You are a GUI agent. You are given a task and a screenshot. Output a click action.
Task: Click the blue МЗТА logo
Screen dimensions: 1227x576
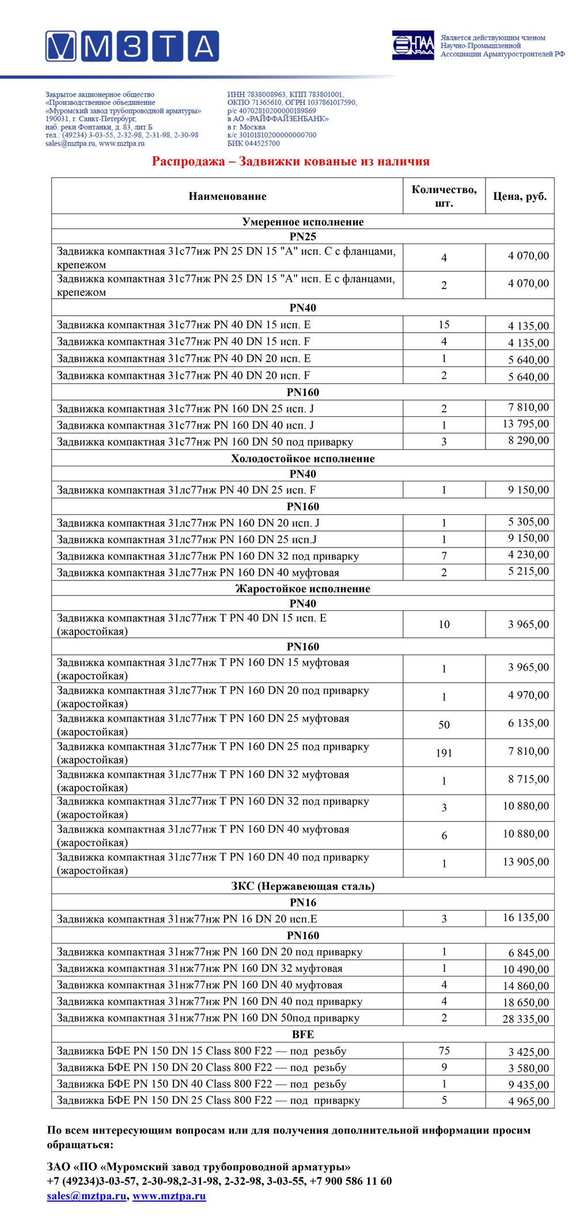tap(132, 47)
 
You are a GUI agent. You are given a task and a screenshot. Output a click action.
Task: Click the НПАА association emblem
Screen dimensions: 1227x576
tap(413, 45)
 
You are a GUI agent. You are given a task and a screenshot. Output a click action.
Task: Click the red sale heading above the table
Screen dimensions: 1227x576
tap(290, 161)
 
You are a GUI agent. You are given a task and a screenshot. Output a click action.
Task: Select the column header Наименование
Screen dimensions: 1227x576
tap(228, 196)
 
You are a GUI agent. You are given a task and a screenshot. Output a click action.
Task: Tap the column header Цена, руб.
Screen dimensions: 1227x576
tap(520, 196)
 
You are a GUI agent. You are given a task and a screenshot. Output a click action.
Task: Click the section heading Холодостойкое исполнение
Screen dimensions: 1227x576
tap(303, 458)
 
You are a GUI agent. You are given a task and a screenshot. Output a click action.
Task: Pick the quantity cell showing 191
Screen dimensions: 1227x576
tap(444, 753)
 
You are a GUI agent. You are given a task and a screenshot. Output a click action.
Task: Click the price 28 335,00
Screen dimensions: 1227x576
tap(525, 1019)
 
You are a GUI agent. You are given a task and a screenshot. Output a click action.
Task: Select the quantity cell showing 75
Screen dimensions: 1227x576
tap(444, 1050)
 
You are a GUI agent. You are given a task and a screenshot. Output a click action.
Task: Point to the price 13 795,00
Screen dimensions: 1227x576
tap(525, 424)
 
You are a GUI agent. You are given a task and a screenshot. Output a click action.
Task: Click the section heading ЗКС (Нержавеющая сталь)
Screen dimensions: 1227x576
tap(303, 886)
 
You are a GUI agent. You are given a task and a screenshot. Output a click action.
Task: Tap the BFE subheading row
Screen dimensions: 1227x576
tap(303, 1034)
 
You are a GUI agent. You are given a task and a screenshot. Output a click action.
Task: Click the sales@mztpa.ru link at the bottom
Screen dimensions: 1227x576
tap(86, 1196)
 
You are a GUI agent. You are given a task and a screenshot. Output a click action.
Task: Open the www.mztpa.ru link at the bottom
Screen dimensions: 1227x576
tap(169, 1196)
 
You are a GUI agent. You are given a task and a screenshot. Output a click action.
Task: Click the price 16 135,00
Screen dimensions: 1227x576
tap(525, 917)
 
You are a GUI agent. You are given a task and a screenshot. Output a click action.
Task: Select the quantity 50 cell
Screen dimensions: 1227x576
tap(444, 724)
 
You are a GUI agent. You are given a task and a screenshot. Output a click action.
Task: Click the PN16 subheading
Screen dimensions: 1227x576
tap(303, 902)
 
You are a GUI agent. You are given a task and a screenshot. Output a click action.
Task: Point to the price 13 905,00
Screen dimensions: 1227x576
tap(525, 861)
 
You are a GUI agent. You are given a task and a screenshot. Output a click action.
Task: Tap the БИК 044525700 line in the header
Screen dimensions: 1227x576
tap(253, 143)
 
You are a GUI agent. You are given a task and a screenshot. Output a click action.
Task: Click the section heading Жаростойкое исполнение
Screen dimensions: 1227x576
tap(303, 588)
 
